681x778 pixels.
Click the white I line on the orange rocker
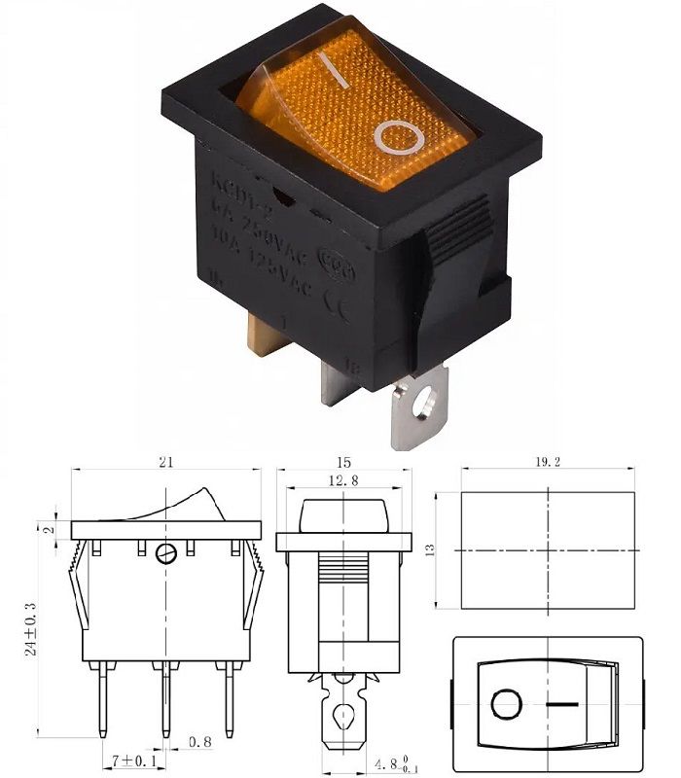click(336, 72)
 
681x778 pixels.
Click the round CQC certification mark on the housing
click(342, 266)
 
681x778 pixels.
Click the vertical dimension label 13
click(429, 549)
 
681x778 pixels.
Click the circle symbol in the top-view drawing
click(506, 703)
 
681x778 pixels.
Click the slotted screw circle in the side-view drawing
click(166, 554)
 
